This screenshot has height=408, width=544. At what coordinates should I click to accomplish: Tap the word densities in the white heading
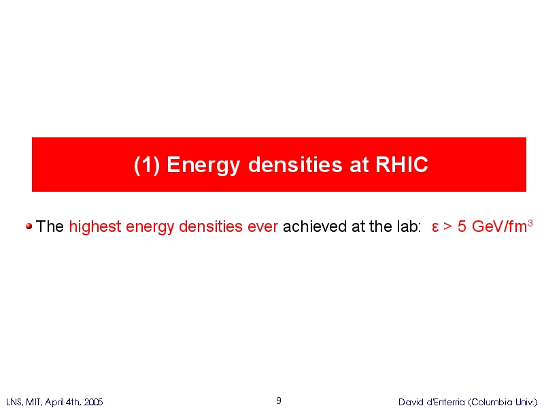[x=296, y=164]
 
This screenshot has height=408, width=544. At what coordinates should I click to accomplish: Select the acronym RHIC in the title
[x=402, y=164]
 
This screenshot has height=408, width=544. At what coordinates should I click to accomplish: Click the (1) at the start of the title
[x=147, y=165]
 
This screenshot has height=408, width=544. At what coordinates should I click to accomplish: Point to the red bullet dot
[x=29, y=226]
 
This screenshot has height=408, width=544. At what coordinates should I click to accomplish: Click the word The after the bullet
[x=50, y=226]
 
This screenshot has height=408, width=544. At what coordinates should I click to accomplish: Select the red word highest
[x=95, y=227]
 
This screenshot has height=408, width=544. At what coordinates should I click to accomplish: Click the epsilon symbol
[x=435, y=228]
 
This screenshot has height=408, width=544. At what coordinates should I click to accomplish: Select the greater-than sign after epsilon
[x=448, y=227]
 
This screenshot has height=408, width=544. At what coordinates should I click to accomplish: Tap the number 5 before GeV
[x=462, y=227]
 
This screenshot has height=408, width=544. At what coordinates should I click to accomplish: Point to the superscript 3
[x=530, y=224]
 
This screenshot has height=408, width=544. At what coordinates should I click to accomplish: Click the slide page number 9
[x=279, y=401]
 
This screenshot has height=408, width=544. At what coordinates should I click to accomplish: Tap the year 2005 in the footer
[x=93, y=402]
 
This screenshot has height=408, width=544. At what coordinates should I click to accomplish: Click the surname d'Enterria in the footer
[x=446, y=402]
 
